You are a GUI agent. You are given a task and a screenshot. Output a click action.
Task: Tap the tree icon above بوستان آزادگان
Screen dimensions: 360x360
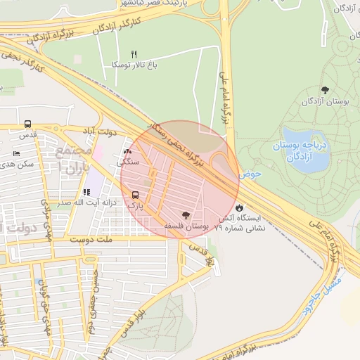tap(324, 90)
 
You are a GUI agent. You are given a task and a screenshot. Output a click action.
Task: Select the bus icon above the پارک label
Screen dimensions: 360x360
tap(135, 195)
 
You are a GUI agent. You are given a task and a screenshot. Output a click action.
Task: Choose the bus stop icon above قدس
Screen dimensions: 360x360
tap(27, 123)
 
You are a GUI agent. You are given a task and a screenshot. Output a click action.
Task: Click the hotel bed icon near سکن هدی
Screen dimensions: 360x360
tap(17, 153)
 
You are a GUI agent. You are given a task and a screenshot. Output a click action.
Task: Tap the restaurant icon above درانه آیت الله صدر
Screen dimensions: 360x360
tap(86, 192)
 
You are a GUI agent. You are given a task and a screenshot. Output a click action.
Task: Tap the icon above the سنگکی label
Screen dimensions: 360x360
tap(127, 152)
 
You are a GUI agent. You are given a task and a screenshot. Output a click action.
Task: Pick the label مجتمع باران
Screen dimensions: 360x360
tap(77, 161)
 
